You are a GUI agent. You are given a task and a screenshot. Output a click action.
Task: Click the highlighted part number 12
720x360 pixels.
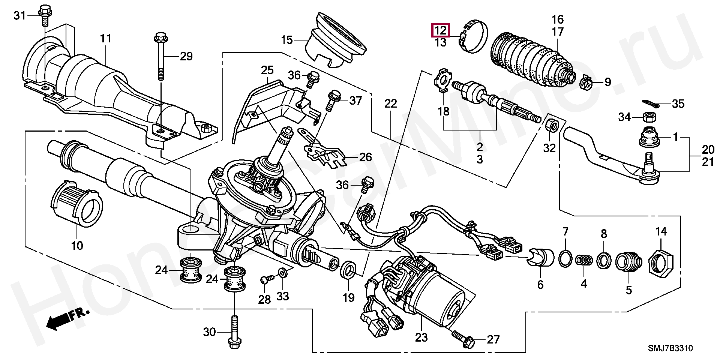coord(441,30)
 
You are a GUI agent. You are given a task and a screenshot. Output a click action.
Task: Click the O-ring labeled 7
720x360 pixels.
coord(565,258)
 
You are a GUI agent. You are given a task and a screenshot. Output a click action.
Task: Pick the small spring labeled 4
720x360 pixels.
coord(583,259)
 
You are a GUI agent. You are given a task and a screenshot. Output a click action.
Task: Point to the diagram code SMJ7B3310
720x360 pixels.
coord(671,349)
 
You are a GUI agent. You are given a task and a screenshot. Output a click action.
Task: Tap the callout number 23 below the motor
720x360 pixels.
coord(421,337)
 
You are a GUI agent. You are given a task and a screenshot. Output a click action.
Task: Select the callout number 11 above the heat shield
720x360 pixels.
coord(106,39)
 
